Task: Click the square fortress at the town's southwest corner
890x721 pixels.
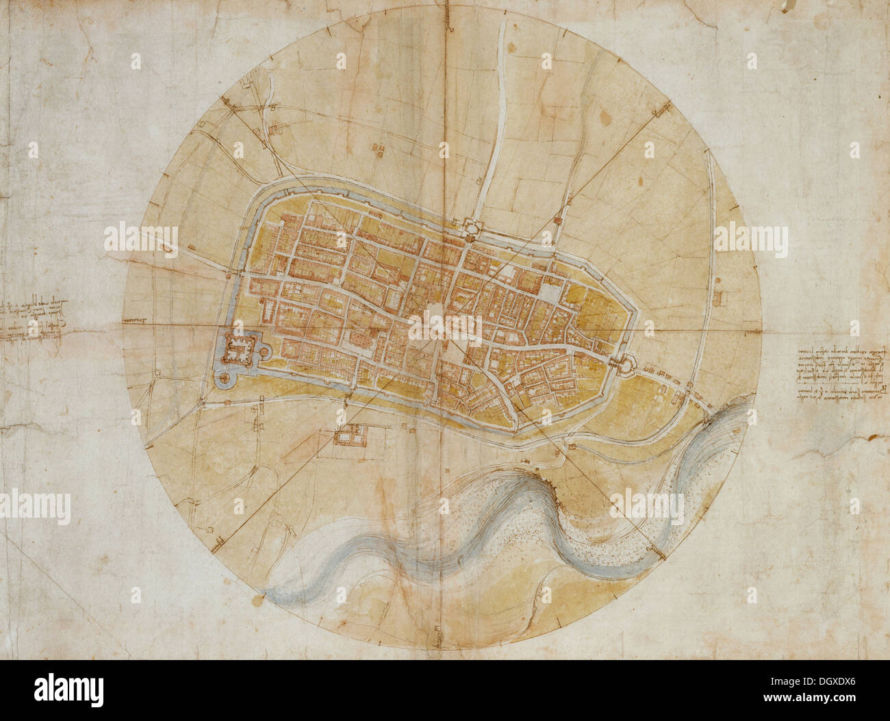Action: point(240,349)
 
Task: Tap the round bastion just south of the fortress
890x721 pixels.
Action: point(223,377)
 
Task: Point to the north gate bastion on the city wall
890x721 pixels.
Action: point(470,227)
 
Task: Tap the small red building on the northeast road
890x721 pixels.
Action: point(558,220)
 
